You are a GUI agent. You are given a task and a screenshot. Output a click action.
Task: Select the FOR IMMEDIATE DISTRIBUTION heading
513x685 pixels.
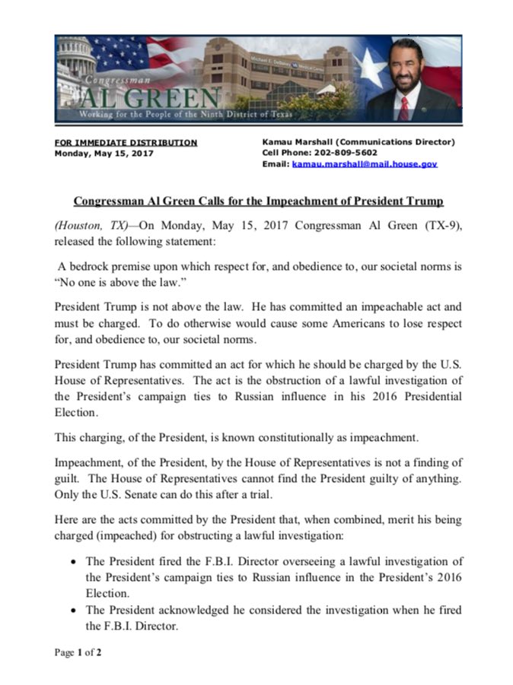pyautogui.click(x=126, y=142)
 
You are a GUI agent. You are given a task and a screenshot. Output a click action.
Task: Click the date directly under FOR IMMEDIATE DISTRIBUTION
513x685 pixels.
pyautogui.click(x=104, y=153)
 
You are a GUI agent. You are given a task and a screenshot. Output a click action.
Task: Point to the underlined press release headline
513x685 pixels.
pyautogui.click(x=258, y=201)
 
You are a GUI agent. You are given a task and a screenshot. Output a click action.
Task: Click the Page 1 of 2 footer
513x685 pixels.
pyautogui.click(x=78, y=652)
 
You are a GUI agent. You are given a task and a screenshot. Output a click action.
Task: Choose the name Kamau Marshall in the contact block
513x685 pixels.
pyautogui.click(x=295, y=142)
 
